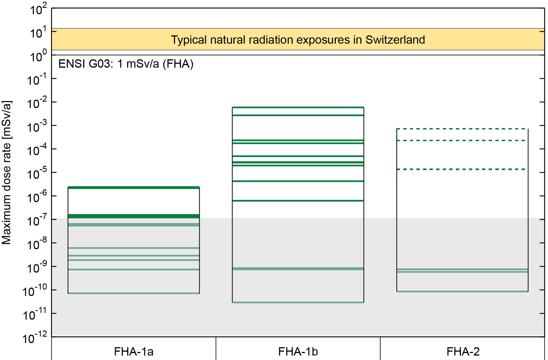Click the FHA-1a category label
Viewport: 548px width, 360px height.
(x=134, y=352)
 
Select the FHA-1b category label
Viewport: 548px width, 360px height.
(x=298, y=352)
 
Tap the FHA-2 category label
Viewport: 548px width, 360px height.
(x=463, y=352)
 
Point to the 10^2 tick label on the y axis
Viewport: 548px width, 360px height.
(x=38, y=10)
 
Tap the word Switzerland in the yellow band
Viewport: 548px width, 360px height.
(x=395, y=40)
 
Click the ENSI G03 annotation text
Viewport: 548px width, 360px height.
(x=126, y=64)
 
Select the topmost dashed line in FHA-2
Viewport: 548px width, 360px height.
(x=462, y=129)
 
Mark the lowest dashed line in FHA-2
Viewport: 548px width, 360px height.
(x=462, y=169)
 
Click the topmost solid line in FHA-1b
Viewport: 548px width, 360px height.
(x=298, y=107)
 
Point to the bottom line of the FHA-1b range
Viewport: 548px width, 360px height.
(x=298, y=302)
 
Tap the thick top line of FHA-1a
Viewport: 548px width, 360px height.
(x=134, y=187)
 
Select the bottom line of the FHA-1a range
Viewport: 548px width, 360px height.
(x=134, y=293)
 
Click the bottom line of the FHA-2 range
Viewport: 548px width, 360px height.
(x=462, y=291)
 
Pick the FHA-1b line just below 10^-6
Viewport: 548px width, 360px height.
(x=298, y=201)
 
